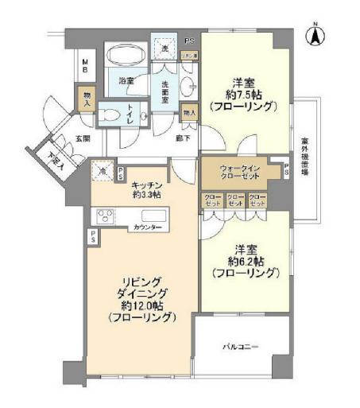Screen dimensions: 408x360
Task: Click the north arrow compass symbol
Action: point(315,35)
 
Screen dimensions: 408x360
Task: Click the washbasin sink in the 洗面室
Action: point(188,87)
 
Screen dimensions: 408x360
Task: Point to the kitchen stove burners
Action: point(105,217)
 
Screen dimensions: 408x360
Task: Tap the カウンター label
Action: point(147,228)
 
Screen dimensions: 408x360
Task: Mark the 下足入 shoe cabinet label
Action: point(53,162)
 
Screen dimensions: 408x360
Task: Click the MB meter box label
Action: point(85,66)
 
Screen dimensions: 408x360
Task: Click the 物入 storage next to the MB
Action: point(85,99)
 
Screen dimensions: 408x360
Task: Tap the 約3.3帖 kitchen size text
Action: point(146,193)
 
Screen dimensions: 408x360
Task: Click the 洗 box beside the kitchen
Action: point(102,169)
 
